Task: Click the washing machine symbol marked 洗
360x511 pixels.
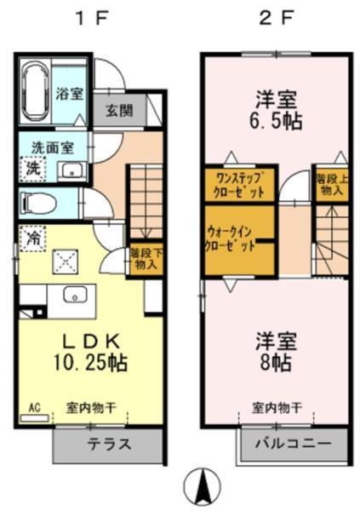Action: [x=32, y=169]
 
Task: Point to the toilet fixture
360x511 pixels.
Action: [x=37, y=204]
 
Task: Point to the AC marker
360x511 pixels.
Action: [x=35, y=408]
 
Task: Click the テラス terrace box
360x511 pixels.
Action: [x=109, y=445]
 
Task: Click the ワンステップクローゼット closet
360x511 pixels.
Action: [x=240, y=184]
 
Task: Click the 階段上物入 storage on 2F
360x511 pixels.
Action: [x=330, y=184]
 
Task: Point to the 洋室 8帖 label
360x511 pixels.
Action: [x=274, y=350]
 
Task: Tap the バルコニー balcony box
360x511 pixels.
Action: [x=293, y=444]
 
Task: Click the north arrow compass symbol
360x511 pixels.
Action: [x=203, y=486]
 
